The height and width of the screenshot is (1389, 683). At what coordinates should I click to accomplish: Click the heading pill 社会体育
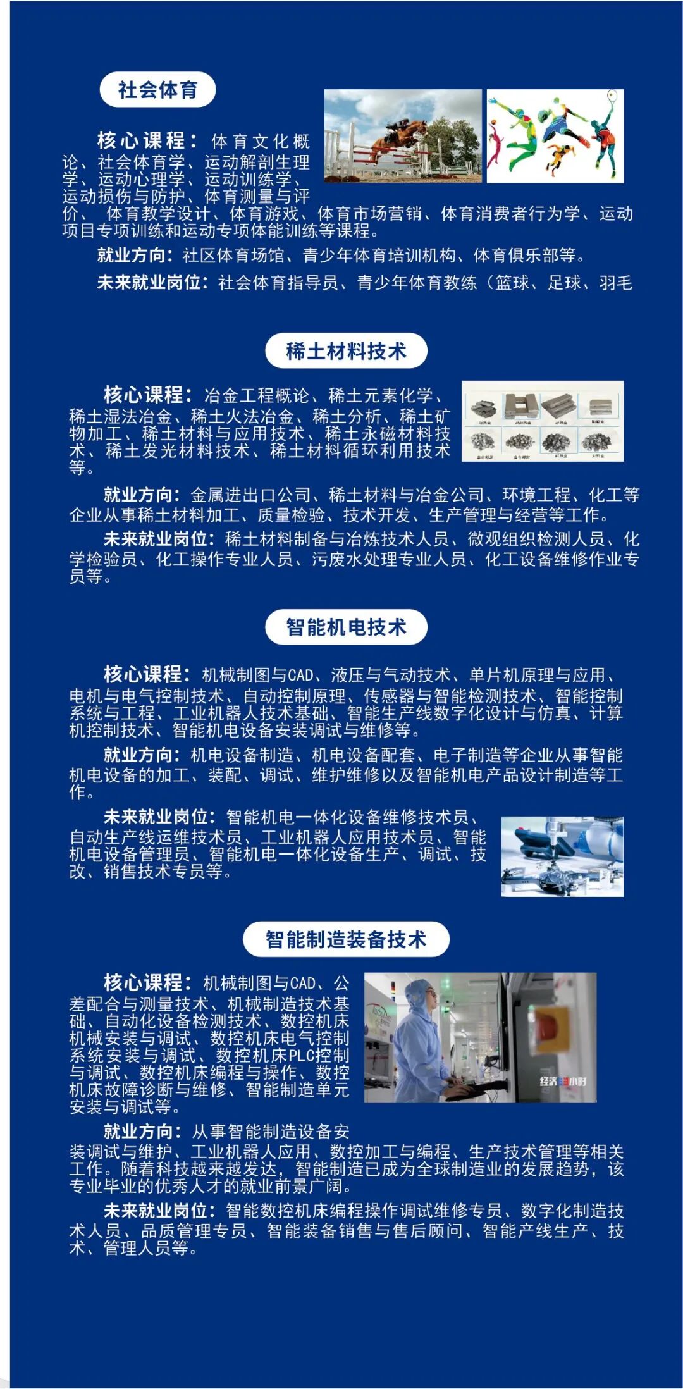[x=157, y=90]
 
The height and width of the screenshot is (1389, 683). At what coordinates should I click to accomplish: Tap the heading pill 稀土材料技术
[x=346, y=350]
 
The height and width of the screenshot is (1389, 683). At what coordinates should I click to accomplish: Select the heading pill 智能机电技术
[x=346, y=627]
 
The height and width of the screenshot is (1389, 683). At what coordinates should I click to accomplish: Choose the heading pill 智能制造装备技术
[x=346, y=939]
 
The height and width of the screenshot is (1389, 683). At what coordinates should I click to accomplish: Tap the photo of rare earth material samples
[x=542, y=421]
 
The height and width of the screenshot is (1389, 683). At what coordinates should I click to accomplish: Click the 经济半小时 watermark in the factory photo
[x=562, y=1081]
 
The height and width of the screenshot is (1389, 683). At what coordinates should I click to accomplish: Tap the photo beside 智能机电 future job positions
[x=562, y=856]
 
